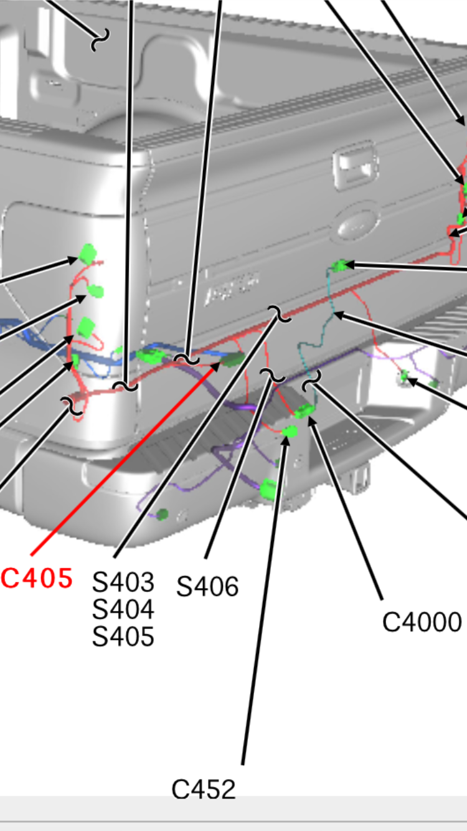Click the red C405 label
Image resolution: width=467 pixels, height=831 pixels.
(36, 578)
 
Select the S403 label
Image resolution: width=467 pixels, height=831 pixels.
(123, 582)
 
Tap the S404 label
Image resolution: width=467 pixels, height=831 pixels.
(123, 609)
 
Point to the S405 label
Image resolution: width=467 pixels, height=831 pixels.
(123, 637)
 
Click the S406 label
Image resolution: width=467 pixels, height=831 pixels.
(207, 587)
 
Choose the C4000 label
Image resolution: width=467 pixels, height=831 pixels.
(422, 622)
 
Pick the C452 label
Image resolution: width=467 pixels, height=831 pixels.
(204, 789)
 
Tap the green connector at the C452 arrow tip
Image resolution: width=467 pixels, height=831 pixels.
(290, 432)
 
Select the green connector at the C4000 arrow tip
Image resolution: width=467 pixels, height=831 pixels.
(304, 411)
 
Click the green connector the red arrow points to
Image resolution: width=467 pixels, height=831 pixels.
(233, 359)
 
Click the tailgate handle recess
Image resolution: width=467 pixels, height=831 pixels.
(355, 167)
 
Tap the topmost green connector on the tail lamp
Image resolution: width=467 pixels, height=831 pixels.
(88, 254)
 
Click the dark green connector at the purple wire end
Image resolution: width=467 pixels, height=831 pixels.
(162, 514)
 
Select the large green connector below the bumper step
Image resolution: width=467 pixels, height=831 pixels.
(268, 490)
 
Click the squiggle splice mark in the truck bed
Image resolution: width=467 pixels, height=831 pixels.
(100, 40)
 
